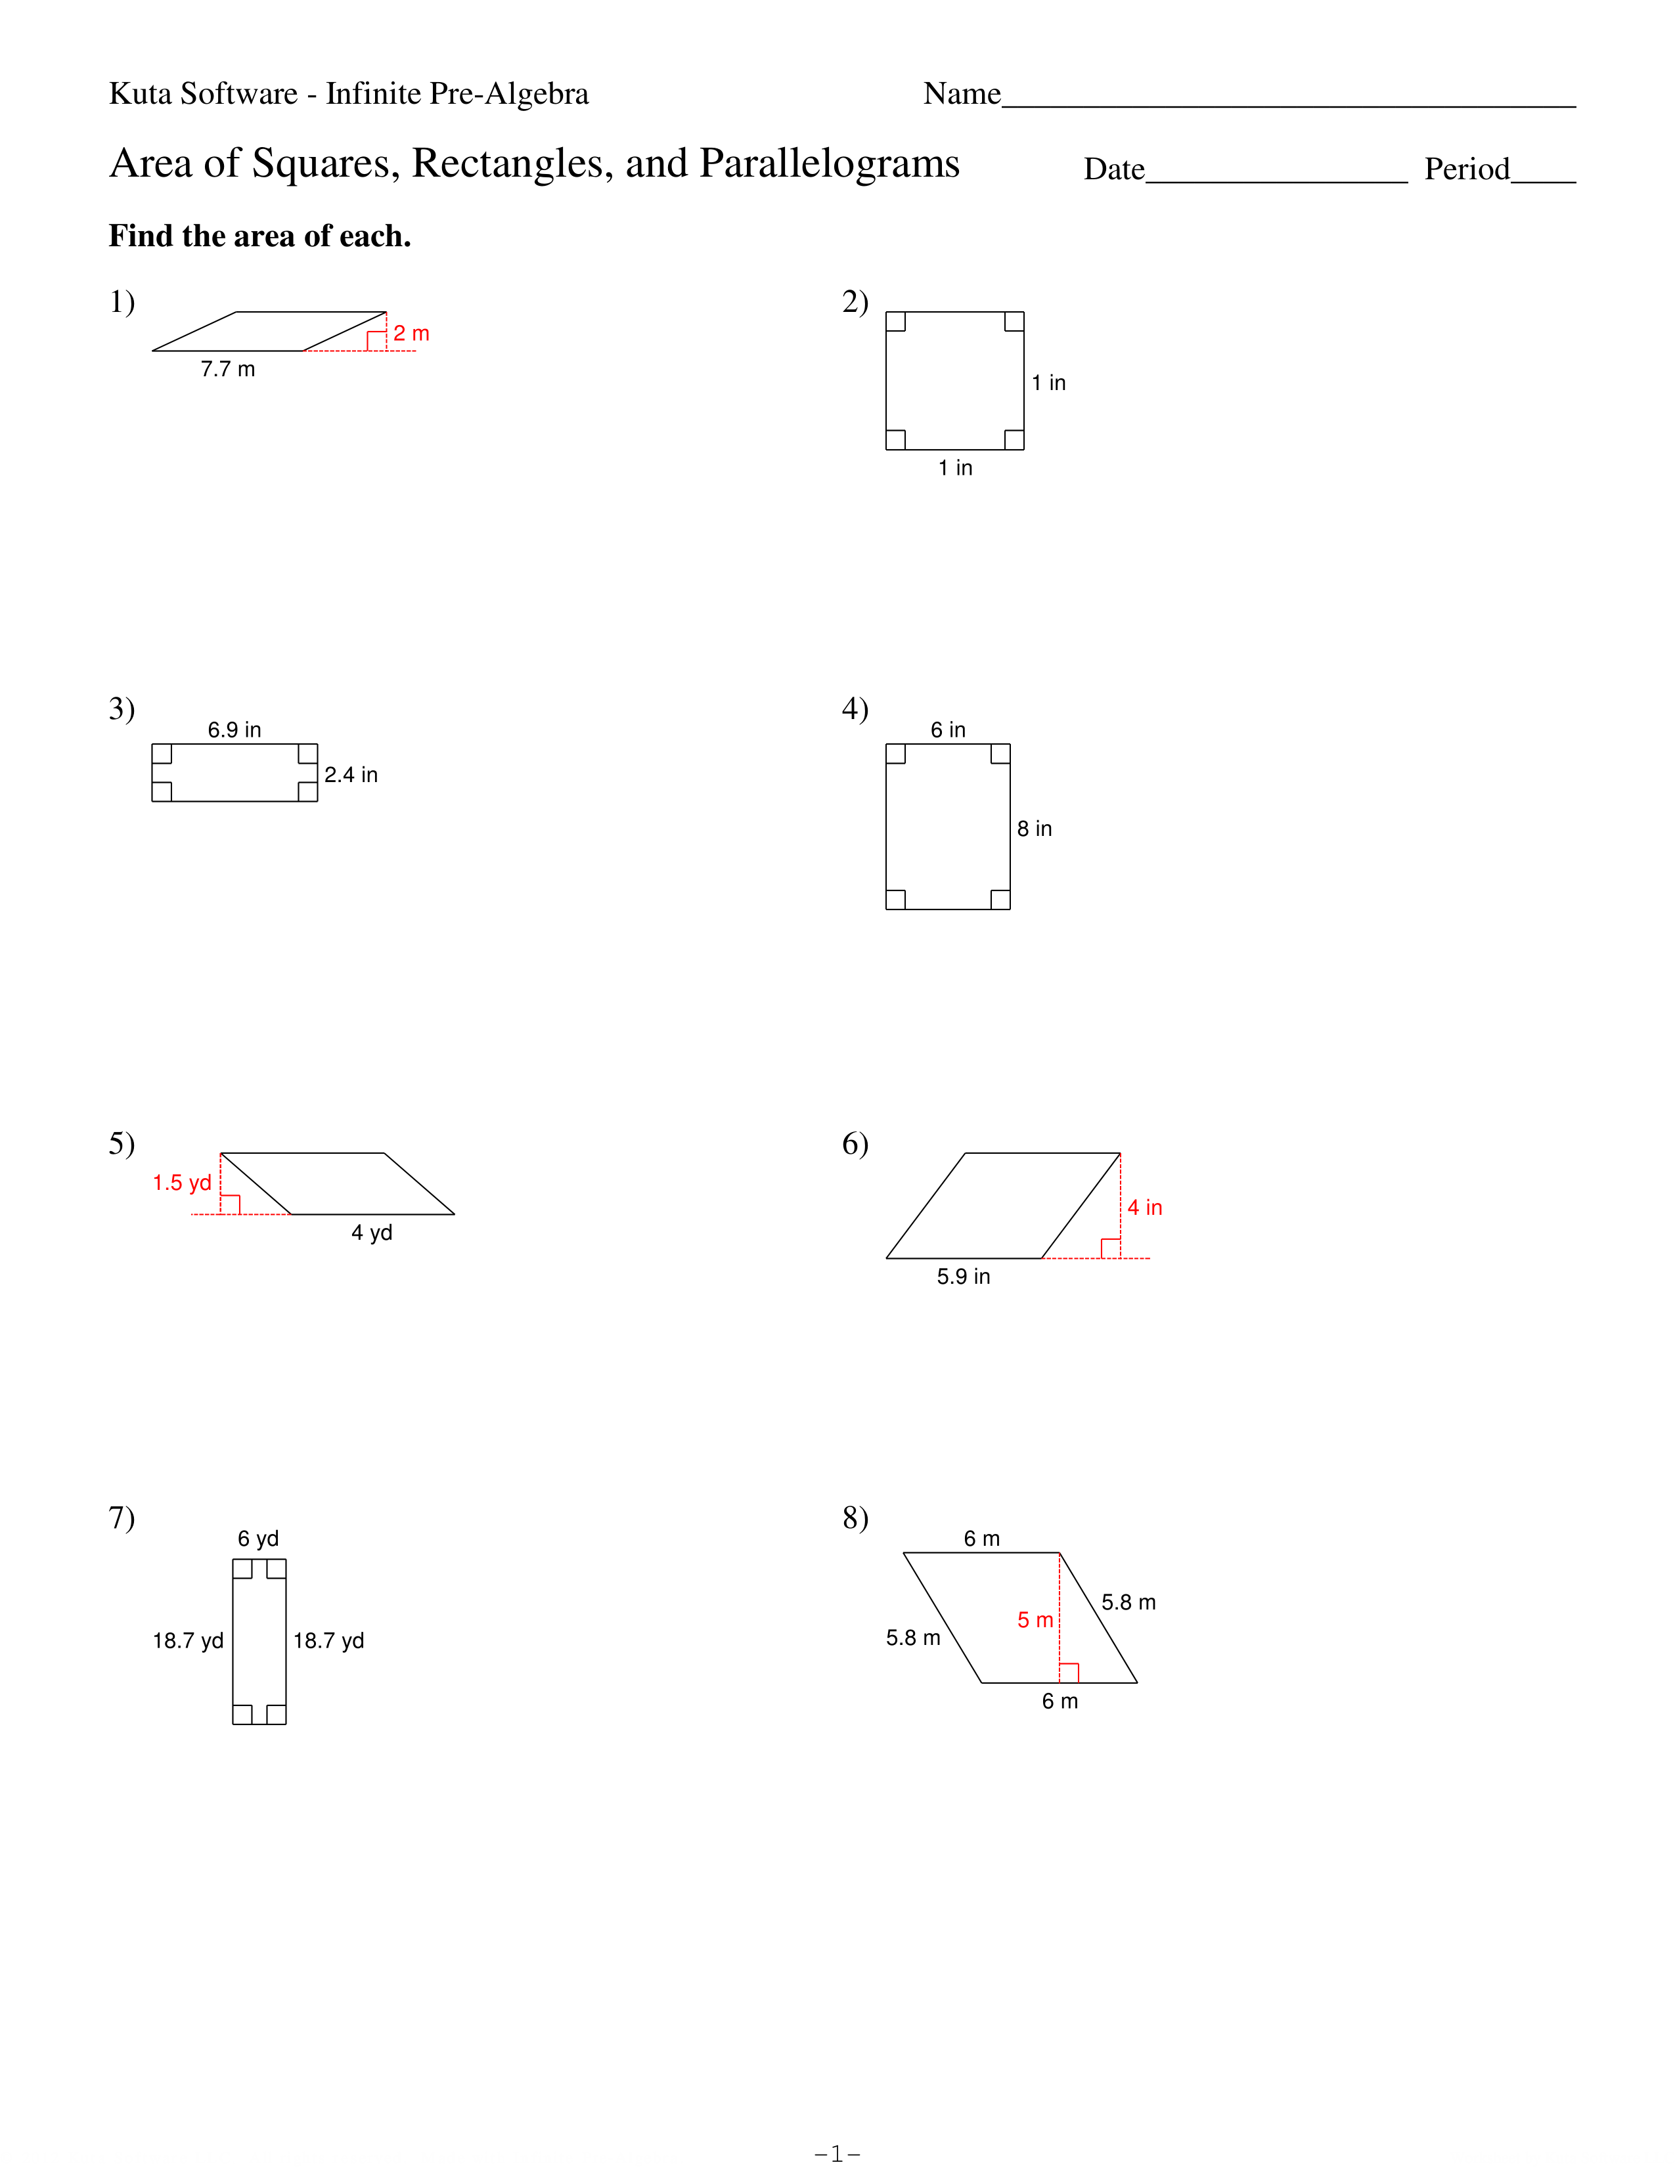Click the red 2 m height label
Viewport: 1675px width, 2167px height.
click(411, 334)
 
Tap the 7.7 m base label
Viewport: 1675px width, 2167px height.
click(227, 369)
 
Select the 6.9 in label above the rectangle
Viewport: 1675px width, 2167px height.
click(234, 730)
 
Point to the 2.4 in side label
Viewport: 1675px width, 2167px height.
click(351, 774)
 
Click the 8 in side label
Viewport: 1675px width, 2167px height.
click(1034, 829)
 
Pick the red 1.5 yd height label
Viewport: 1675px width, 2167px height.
click(181, 1183)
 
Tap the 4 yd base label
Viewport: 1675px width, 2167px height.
click(372, 1233)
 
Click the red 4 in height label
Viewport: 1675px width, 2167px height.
click(1144, 1208)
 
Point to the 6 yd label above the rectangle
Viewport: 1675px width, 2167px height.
click(258, 1539)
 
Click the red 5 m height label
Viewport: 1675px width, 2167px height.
click(1035, 1620)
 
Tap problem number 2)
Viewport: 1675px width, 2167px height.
click(855, 301)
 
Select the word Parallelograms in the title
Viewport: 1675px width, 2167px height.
click(830, 164)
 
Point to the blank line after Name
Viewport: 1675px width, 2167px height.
click(1289, 105)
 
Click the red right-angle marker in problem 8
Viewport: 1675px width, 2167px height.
click(1069, 1673)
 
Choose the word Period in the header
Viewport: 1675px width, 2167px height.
click(1467, 169)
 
